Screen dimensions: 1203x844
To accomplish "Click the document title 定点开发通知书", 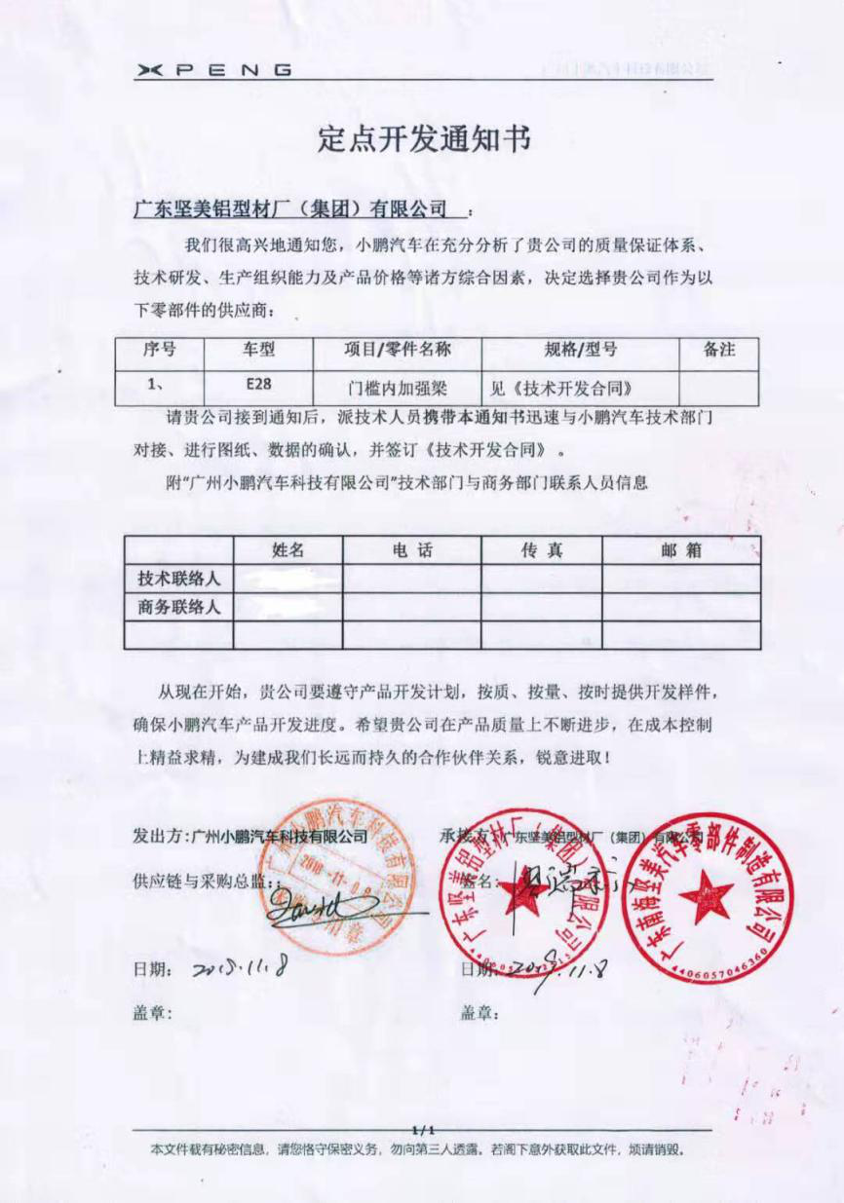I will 423,138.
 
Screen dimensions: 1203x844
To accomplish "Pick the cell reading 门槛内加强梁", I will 398,387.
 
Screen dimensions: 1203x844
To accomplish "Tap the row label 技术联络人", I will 179,579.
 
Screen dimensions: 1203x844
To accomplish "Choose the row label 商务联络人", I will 179,607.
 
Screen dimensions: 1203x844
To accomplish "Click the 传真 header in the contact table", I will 541,550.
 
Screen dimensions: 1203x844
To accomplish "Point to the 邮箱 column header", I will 681,550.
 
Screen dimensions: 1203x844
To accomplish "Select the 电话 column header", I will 411,550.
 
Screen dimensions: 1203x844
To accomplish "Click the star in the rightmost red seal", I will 706,897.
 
